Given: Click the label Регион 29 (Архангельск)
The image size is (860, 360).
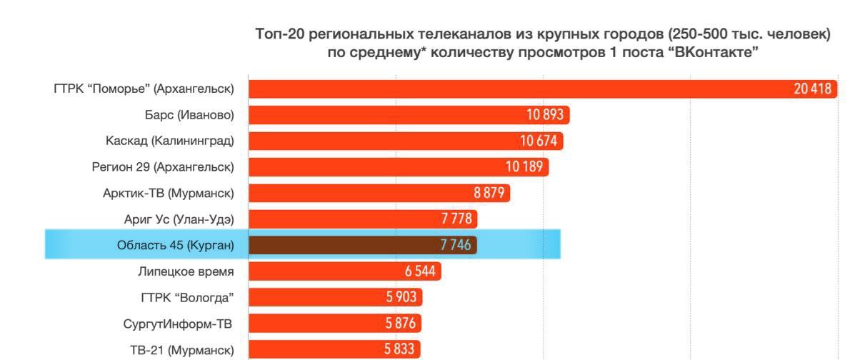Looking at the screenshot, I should click(163, 167).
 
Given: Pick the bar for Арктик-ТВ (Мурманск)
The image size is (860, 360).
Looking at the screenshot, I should click(379, 193).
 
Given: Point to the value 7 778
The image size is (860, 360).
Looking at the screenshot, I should click(455, 219).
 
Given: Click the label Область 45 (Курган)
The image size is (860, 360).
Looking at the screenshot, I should click(176, 245).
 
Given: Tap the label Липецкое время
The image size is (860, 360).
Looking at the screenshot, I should click(186, 271).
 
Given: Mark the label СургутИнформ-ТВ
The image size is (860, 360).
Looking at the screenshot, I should click(178, 324).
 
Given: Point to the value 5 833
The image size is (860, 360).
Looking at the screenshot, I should click(400, 349).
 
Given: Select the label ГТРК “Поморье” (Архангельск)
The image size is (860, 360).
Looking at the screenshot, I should click(144, 89).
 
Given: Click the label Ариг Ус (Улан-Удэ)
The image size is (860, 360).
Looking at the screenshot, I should click(179, 219).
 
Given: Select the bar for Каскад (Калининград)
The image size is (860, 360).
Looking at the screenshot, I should click(386, 141).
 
